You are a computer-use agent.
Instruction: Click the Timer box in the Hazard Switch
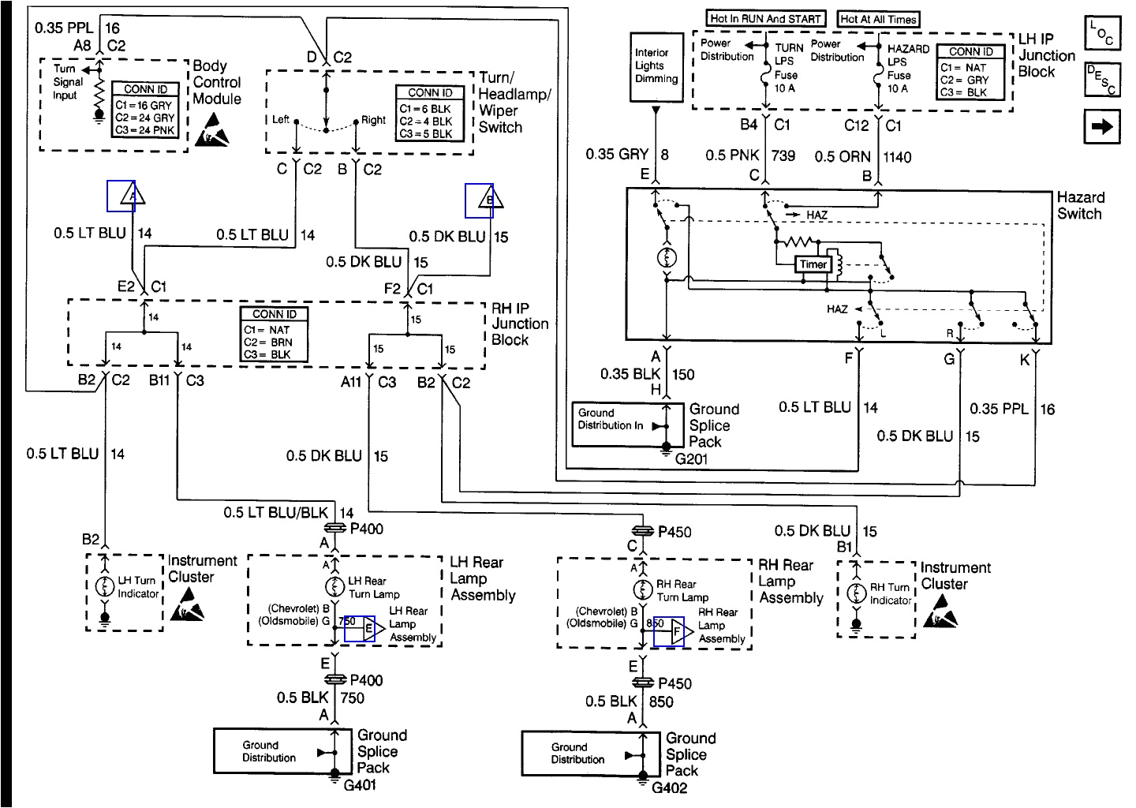pyautogui.click(x=813, y=264)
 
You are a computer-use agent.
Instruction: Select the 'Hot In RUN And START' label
pyautogui.click(x=765, y=18)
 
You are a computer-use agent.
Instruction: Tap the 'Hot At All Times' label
pyautogui.click(x=879, y=19)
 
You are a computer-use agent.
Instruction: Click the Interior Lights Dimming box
pyautogui.click(x=656, y=66)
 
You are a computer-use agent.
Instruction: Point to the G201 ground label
pyautogui.click(x=691, y=458)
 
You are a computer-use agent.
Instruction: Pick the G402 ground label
pyautogui.click(x=669, y=787)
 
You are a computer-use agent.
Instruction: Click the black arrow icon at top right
pyautogui.click(x=1102, y=126)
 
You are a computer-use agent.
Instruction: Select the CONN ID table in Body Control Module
pyautogui.click(x=146, y=110)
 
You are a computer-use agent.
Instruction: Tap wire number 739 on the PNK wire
pyautogui.click(x=783, y=156)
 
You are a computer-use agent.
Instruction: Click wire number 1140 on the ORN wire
pyautogui.click(x=897, y=157)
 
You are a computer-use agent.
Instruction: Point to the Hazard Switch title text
pyautogui.click(x=1080, y=205)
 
